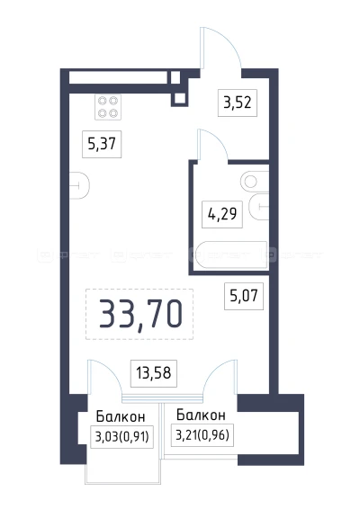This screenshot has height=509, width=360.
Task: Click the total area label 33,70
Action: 140,313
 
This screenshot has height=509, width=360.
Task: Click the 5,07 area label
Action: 243,293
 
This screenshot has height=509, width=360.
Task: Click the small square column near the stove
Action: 179,98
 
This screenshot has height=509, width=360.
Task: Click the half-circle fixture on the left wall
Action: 79,186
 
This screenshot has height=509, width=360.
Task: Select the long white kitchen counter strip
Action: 121,77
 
